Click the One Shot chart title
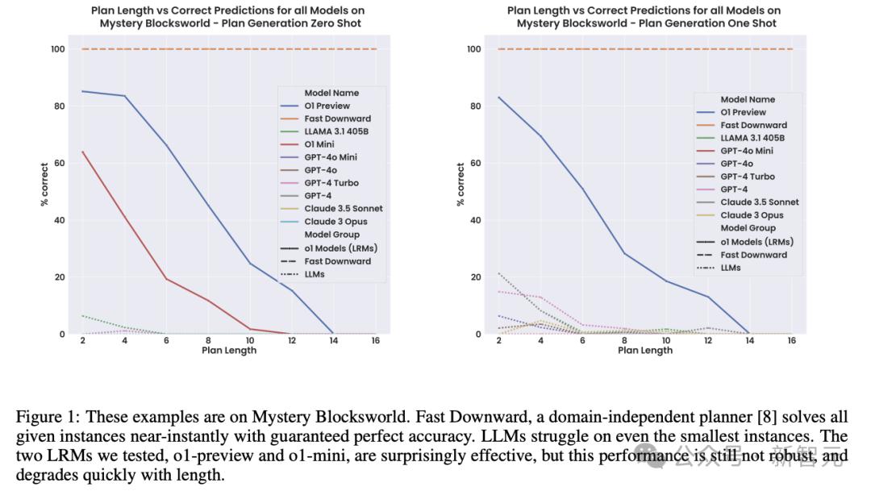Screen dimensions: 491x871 click(646, 17)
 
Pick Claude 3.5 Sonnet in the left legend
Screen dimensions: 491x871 click(343, 209)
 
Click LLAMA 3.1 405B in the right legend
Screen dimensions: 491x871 click(752, 138)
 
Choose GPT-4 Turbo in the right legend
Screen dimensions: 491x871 click(747, 177)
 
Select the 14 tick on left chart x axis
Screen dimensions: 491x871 click(332, 341)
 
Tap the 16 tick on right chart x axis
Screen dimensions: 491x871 click(791, 341)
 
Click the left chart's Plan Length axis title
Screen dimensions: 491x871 click(229, 351)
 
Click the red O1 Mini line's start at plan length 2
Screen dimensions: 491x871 click(82, 152)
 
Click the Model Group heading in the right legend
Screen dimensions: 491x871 click(749, 228)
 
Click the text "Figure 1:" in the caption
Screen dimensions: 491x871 click(47, 417)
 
